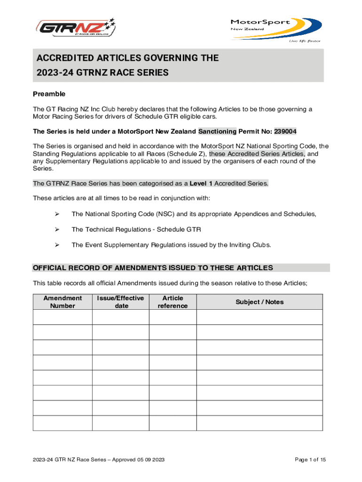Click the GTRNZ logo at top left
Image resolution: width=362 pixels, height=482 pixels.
(x=76, y=28)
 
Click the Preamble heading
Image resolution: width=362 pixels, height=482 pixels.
(x=49, y=94)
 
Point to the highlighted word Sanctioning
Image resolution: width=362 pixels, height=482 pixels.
(x=217, y=131)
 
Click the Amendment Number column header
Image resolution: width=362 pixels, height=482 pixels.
(x=63, y=302)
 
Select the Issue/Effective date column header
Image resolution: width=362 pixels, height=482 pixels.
(x=121, y=302)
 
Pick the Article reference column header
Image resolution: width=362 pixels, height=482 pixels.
(x=173, y=302)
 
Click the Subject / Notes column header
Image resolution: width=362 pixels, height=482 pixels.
(x=260, y=302)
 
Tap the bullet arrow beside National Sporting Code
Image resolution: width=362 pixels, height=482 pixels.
(x=56, y=214)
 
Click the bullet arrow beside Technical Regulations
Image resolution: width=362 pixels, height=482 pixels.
(x=56, y=230)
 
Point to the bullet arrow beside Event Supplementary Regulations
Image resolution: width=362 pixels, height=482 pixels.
(x=56, y=245)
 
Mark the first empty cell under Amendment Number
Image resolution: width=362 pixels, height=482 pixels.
(x=63, y=317)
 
